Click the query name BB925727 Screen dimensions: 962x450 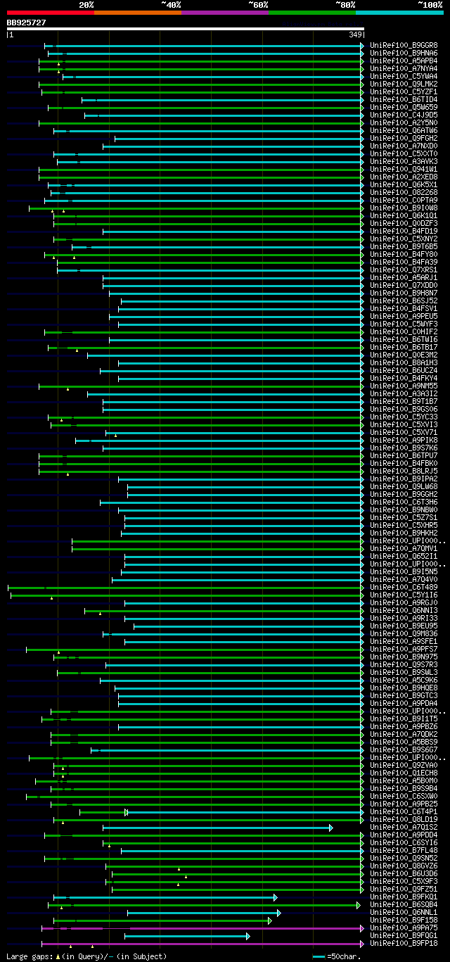coord(26,23)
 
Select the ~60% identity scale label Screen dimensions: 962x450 coord(258,4)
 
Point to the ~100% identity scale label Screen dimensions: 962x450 coord(430,4)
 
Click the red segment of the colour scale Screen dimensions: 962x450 coord(49,12)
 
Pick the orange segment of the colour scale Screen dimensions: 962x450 coord(137,12)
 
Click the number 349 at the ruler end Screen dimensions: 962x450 coord(354,34)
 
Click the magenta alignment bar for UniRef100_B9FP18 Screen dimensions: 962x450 coord(204,944)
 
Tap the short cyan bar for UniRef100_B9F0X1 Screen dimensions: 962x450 coord(186,936)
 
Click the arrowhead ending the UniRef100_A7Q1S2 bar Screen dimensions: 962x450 coord(330,828)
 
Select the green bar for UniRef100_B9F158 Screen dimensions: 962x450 coord(162,920)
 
